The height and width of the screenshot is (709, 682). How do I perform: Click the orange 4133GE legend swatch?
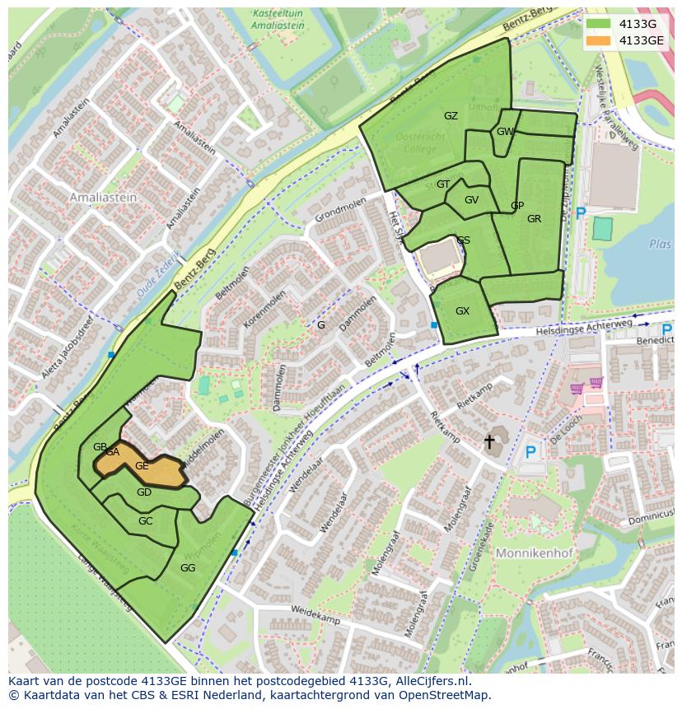tap(598, 40)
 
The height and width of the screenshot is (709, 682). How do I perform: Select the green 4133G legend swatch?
tap(598, 24)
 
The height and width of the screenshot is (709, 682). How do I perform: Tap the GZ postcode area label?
tap(451, 116)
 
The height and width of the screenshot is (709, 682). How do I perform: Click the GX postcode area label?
tap(462, 311)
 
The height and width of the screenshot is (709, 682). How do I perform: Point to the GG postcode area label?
tap(188, 568)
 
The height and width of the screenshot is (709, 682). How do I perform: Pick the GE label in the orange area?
tap(142, 466)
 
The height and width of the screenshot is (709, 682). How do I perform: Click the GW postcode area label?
tap(505, 132)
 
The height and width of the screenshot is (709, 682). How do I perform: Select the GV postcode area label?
tap(471, 200)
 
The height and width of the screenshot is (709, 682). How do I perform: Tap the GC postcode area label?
tap(146, 521)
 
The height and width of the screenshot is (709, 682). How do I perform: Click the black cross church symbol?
tap(489, 442)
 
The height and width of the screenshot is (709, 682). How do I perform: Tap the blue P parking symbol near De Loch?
tap(530, 452)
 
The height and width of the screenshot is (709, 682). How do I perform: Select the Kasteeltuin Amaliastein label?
tap(278, 20)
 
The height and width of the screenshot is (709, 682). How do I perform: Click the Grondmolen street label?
tap(339, 208)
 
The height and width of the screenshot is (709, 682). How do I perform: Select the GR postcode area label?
tap(534, 219)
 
